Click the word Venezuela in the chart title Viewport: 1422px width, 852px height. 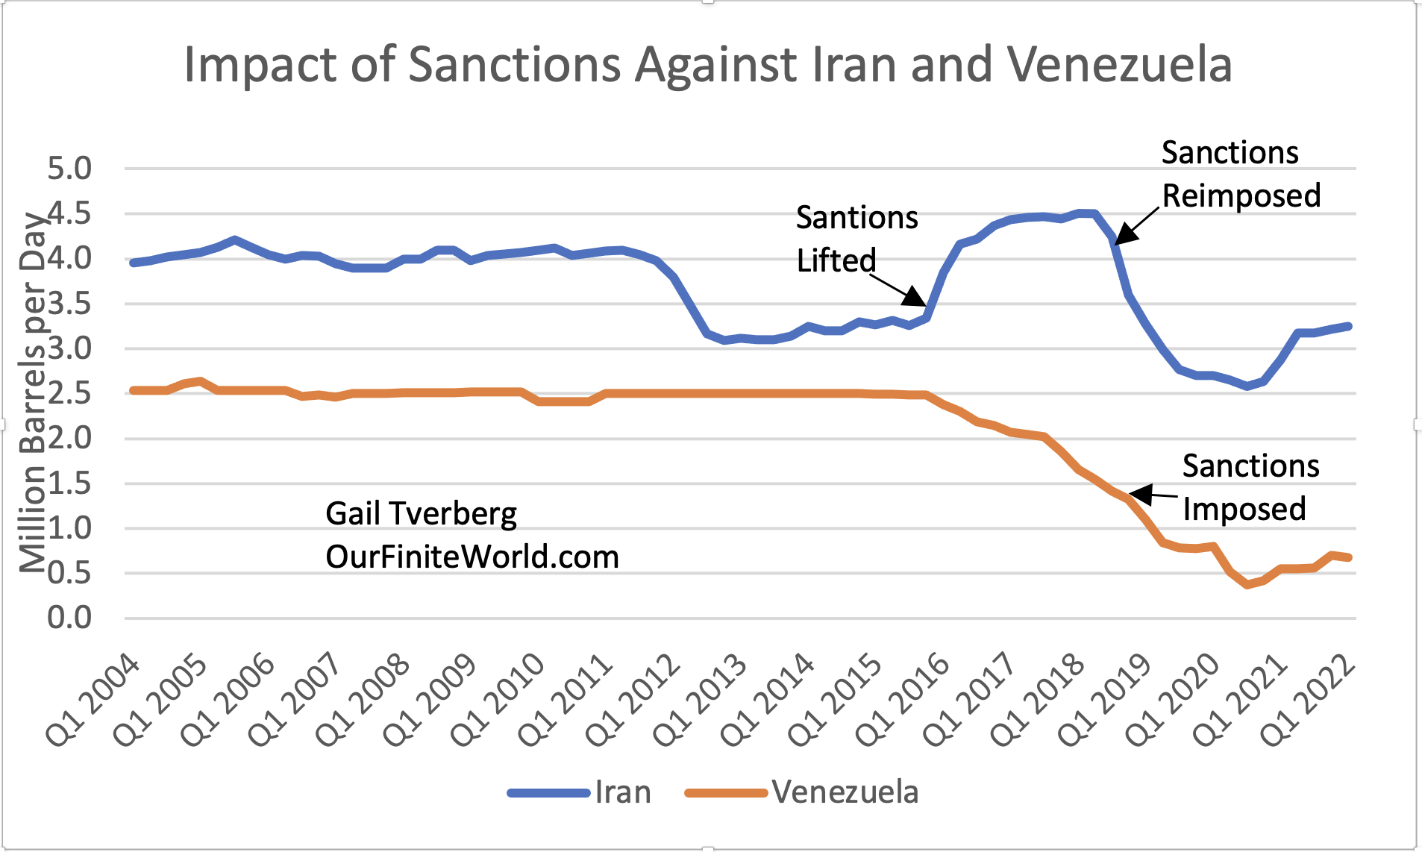[1119, 65]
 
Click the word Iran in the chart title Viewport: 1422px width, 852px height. [854, 65]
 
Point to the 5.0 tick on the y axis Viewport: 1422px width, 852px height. [69, 169]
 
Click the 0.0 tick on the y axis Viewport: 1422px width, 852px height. [69, 618]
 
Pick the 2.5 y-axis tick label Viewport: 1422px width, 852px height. [69, 393]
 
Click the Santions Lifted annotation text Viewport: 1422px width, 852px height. [856, 239]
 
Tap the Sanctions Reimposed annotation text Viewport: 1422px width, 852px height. [1240, 174]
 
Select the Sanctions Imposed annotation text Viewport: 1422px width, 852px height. [1250, 487]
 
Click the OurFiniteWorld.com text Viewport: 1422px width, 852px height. [472, 557]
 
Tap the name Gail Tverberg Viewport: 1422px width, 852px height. [421, 513]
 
